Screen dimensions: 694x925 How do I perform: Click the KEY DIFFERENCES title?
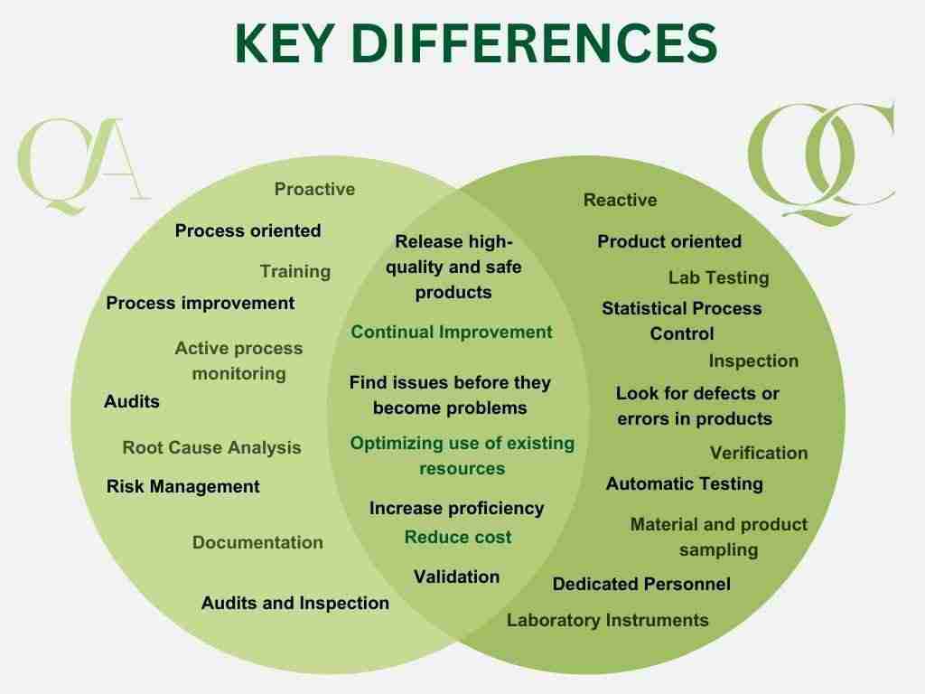pos(476,42)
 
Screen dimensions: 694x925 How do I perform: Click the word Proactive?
pos(314,190)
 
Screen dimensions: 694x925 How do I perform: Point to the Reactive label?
pos(620,201)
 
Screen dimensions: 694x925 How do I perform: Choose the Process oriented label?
pos(248,231)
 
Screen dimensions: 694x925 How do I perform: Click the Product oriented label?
pos(668,242)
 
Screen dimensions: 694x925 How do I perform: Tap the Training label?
pos(295,272)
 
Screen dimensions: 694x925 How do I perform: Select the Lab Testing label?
pos(718,278)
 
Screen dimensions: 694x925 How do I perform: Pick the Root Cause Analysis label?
pos(211,448)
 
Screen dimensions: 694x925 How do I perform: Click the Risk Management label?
pos(182,487)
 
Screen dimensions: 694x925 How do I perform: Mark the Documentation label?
pos(257,543)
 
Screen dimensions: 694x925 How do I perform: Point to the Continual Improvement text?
pos(451,333)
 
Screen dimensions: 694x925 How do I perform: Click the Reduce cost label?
pos(457,538)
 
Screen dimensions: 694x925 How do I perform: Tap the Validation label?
pos(456,577)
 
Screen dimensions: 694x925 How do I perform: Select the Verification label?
pos(758,454)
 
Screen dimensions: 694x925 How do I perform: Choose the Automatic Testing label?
pos(684,484)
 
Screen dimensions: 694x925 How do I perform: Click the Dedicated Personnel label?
pos(641,585)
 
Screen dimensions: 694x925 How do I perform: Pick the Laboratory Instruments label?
pos(607,621)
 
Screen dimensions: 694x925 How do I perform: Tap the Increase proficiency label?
pos(456,509)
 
